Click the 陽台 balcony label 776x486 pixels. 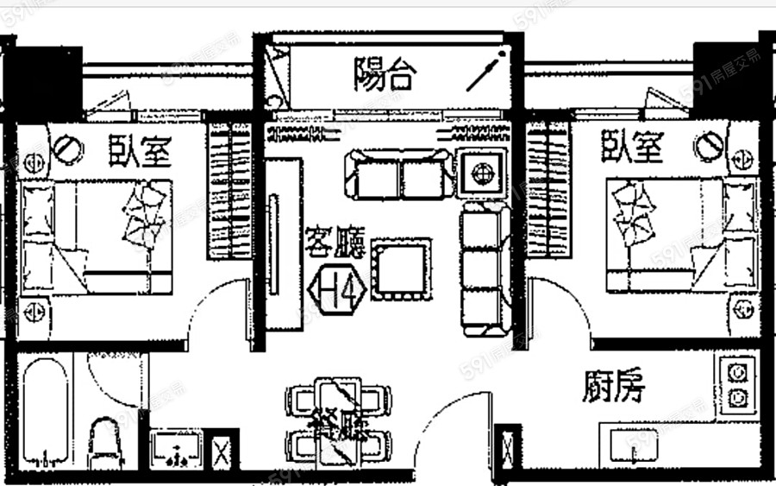[x=385, y=76]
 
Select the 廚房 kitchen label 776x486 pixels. [x=612, y=388]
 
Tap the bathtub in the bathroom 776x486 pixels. [x=45, y=410]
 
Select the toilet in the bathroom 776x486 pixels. [x=110, y=440]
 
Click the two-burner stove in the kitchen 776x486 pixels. [x=737, y=384]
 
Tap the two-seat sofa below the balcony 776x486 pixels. [x=398, y=174]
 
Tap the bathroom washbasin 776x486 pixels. [x=176, y=449]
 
